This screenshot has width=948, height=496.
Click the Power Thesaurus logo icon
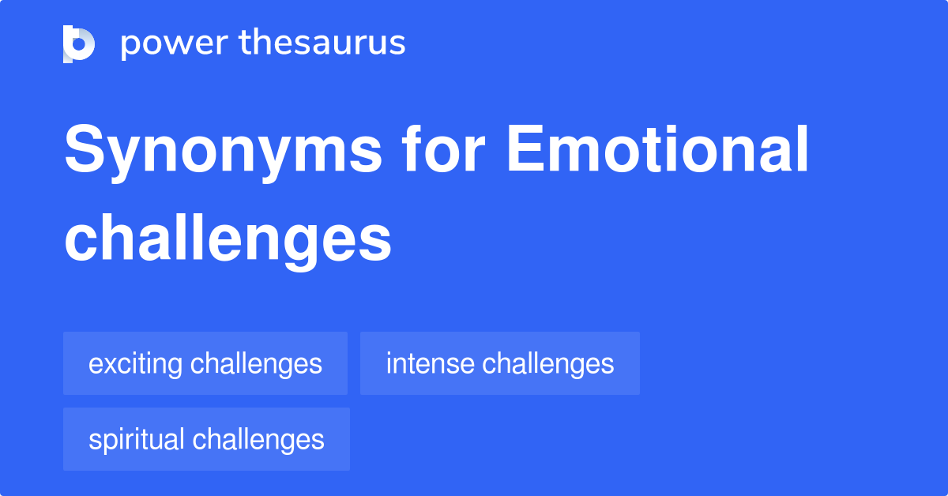pyautogui.click(x=79, y=43)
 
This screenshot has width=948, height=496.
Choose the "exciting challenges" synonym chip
pyautogui.click(x=205, y=363)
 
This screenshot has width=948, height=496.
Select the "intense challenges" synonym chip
pyautogui.click(x=499, y=363)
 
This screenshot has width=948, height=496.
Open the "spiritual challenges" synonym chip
pyautogui.click(x=206, y=439)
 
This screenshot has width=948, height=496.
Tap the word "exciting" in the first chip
pyautogui.click(x=136, y=364)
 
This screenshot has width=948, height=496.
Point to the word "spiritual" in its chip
pyautogui.click(x=137, y=440)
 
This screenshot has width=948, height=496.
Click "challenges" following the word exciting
pyautogui.click(x=256, y=363)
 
